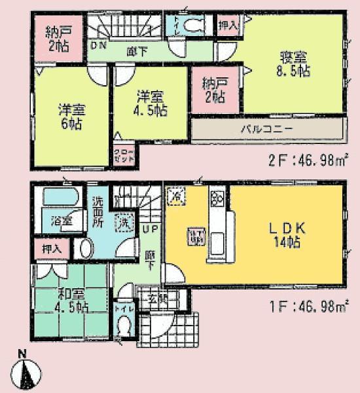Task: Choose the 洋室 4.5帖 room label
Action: pos(152,103)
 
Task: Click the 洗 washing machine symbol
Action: pos(122,222)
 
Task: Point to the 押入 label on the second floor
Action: pos(228,25)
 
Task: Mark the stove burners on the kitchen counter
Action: pos(217,196)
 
